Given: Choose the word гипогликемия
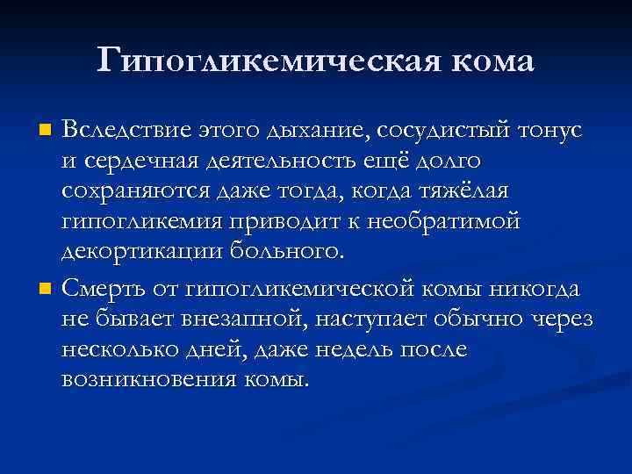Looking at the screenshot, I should (140, 221).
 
